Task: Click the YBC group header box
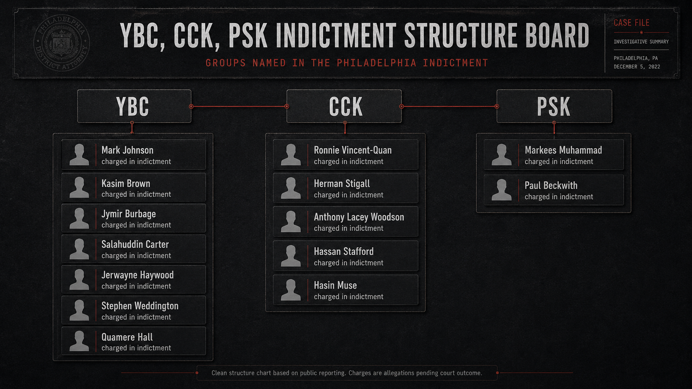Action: (135, 106)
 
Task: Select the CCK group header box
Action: (344, 106)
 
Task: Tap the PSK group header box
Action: (554, 106)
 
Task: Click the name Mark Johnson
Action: (127, 150)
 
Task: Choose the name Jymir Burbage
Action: (129, 214)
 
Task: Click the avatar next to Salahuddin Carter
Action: (79, 248)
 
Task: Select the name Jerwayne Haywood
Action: (137, 275)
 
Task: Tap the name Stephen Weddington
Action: (140, 306)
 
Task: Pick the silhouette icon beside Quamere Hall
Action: (79, 341)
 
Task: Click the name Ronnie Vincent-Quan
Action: (353, 150)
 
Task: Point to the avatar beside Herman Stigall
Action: (291, 188)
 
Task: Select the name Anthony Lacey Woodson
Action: (359, 217)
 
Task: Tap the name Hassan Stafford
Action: (344, 251)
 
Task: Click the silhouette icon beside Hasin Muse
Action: (291, 290)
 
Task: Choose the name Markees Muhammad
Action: (563, 150)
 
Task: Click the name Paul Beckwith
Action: (551, 185)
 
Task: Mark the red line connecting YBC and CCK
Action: (239, 106)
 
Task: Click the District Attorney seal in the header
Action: (62, 43)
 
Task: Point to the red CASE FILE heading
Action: (632, 23)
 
